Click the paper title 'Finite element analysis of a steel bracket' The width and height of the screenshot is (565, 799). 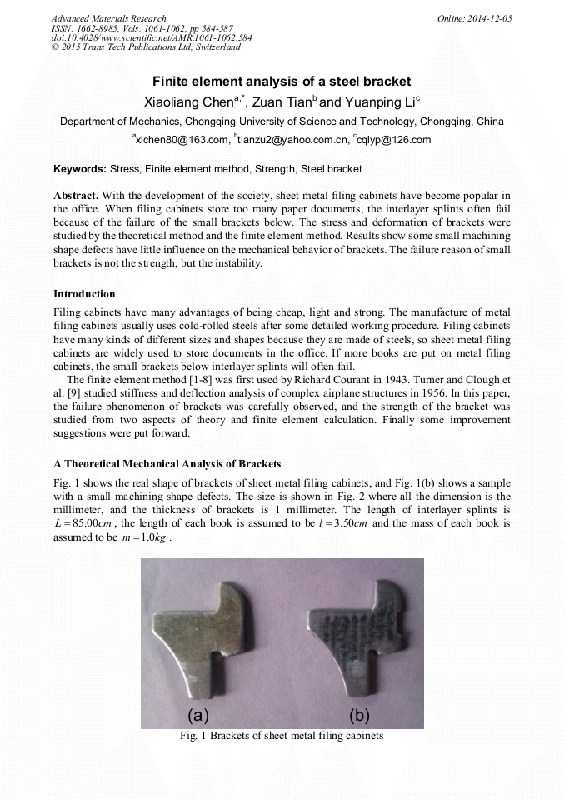[x=282, y=82]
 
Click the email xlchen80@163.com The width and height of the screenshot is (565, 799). [x=180, y=140]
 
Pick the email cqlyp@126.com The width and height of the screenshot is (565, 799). [x=393, y=140]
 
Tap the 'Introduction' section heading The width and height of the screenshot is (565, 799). [x=84, y=294]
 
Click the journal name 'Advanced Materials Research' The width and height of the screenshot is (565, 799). [x=108, y=18]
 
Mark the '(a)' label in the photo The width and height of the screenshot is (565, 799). [x=198, y=715]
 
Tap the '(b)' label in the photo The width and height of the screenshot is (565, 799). [x=360, y=715]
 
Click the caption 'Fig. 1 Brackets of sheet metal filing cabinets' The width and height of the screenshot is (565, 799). [x=282, y=737]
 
